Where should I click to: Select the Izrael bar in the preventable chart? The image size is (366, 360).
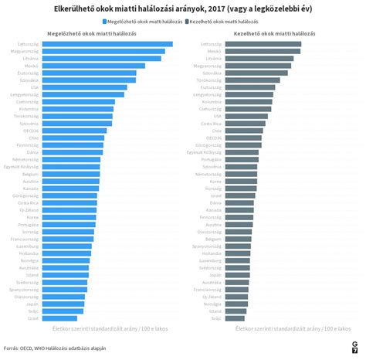click(x=59, y=318)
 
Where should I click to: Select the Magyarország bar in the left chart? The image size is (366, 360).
click(x=103, y=51)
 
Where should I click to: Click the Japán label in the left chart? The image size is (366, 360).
click(x=32, y=304)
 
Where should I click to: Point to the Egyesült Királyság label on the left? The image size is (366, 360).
click(x=22, y=166)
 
